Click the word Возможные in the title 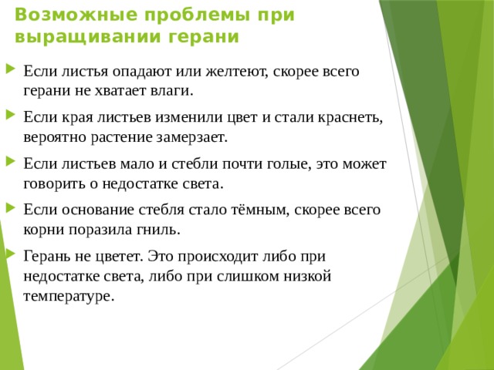pyautogui.click(x=59, y=15)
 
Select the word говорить pyautogui.click(x=56, y=183)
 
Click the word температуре pyautogui.click(x=69, y=295)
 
